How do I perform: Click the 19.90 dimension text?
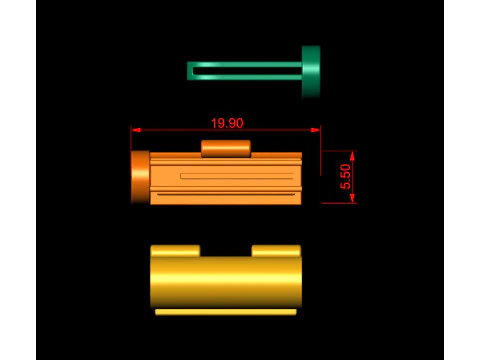pos(227,123)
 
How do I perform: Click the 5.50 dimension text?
pos(346,177)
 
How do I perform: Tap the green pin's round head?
pos(311,72)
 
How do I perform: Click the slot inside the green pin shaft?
pos(247,71)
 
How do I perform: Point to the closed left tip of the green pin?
pos(188,71)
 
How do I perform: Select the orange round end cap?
pos(140,177)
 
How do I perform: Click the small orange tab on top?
pos(226,149)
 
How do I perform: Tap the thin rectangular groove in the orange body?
pos(237,176)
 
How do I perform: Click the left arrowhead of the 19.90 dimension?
pos(136,130)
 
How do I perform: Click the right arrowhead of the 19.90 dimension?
pos(316,130)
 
